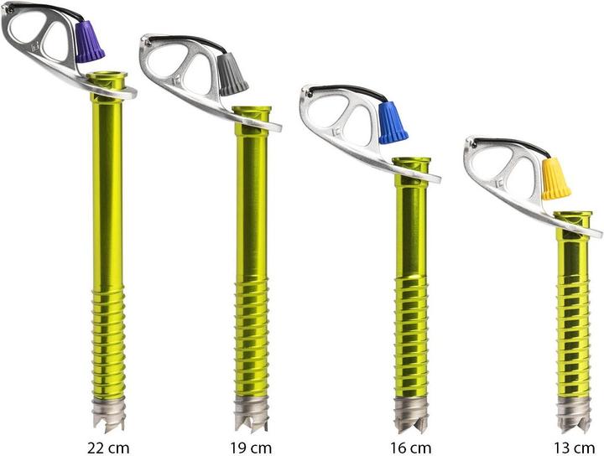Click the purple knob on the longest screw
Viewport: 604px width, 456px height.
89,43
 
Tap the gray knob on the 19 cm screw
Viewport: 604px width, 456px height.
232,75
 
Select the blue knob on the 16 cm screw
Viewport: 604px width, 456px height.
392,122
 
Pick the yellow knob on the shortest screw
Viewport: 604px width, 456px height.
555,179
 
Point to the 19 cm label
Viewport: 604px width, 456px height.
251,446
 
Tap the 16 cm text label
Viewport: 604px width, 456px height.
410,446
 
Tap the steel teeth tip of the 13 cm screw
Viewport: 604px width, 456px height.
573,413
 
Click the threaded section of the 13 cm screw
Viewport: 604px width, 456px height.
573,335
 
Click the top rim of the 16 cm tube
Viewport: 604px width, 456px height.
411,160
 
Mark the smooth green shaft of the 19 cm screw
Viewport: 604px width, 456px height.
252,201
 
